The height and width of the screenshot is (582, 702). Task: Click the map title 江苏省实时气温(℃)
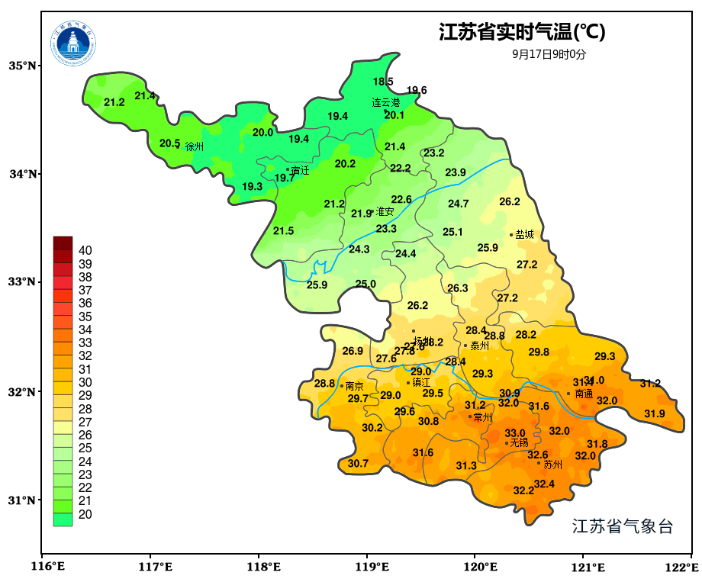click(522, 32)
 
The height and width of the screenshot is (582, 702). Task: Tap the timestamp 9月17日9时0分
click(549, 54)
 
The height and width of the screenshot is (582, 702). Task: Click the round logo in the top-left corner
click(74, 43)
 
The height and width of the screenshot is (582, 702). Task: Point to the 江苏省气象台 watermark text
click(623, 526)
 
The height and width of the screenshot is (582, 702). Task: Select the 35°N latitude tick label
click(23, 66)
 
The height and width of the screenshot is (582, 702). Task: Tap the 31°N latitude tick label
click(23, 500)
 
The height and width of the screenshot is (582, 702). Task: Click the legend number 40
click(85, 250)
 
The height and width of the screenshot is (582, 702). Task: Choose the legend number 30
click(85, 382)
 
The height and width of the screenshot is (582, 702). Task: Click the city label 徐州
click(195, 146)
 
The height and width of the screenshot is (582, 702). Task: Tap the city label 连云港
click(386, 102)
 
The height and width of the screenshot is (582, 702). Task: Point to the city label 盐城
click(525, 235)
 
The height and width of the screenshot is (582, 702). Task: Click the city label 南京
click(355, 387)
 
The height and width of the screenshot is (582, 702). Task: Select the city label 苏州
click(552, 465)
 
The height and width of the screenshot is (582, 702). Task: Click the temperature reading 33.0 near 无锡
click(515, 433)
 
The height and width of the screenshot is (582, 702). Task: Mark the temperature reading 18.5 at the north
click(383, 82)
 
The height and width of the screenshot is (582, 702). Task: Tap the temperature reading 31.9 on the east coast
click(654, 413)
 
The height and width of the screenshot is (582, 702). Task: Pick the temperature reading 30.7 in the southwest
click(358, 464)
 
